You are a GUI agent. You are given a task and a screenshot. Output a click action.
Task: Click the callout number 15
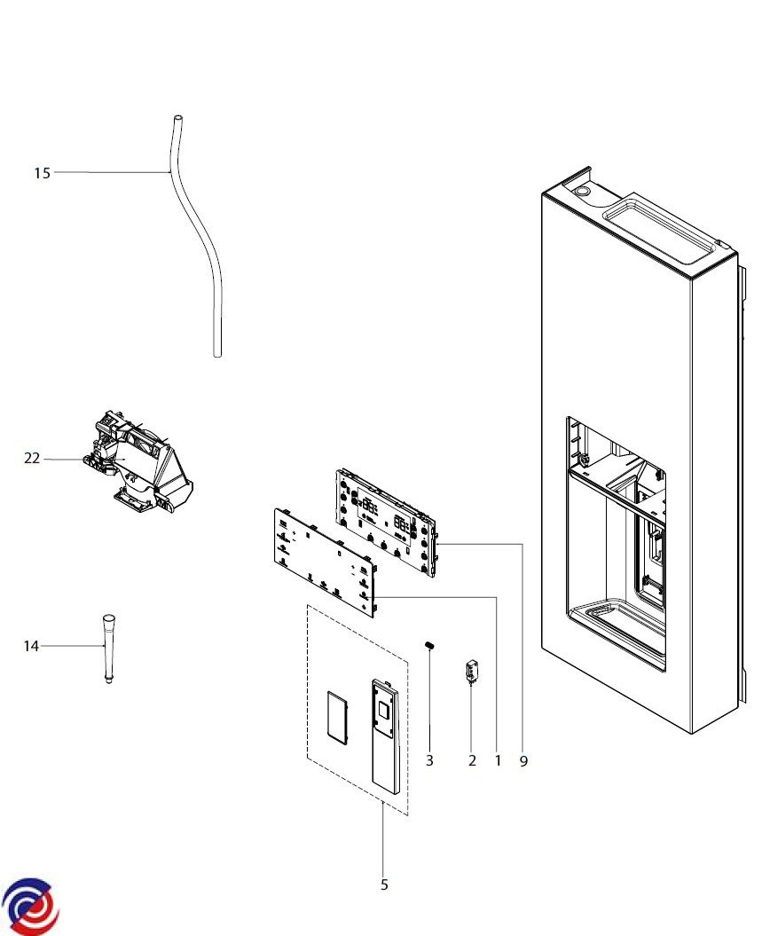42,173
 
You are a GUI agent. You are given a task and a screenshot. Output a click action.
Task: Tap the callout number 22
32,458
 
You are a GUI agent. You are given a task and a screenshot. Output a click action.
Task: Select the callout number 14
31,646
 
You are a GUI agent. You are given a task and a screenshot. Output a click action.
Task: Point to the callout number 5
384,885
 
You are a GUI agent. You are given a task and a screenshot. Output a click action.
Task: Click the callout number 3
429,760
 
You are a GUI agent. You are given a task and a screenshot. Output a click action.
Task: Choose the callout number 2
472,760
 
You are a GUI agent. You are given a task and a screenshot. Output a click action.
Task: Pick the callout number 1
498,760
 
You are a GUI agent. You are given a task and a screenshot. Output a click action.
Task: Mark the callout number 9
523,761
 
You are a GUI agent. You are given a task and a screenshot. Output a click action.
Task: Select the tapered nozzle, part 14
108,649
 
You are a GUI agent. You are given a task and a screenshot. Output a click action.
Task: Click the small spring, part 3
429,645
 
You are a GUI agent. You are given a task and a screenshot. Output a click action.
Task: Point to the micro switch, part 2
472,671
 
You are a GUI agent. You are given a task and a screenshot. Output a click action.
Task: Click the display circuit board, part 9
386,523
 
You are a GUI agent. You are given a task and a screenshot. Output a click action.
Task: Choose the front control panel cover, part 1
325,562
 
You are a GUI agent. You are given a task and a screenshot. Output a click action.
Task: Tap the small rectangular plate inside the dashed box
338,719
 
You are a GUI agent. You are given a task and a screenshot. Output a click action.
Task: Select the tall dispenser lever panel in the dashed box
385,736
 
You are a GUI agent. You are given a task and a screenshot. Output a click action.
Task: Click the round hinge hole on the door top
581,191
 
